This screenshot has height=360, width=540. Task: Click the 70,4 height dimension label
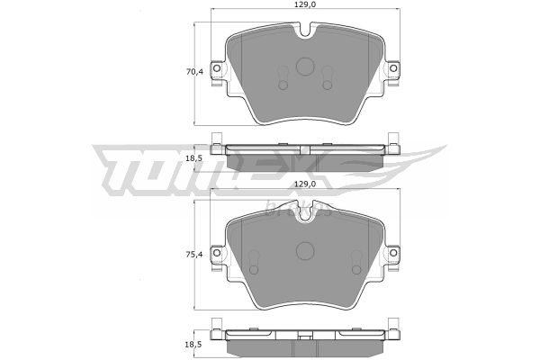(194, 72)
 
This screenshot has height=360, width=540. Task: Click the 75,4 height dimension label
(194, 255)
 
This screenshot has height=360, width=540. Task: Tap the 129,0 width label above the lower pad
(305, 184)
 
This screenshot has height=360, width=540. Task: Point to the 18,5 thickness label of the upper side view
(194, 158)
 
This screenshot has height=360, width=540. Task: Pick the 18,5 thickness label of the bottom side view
(194, 344)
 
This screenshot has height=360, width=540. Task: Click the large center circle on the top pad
(305, 66)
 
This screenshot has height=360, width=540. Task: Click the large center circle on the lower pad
(305, 250)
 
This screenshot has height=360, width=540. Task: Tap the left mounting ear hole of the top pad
(217, 68)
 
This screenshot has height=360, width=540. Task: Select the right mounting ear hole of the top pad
(393, 68)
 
